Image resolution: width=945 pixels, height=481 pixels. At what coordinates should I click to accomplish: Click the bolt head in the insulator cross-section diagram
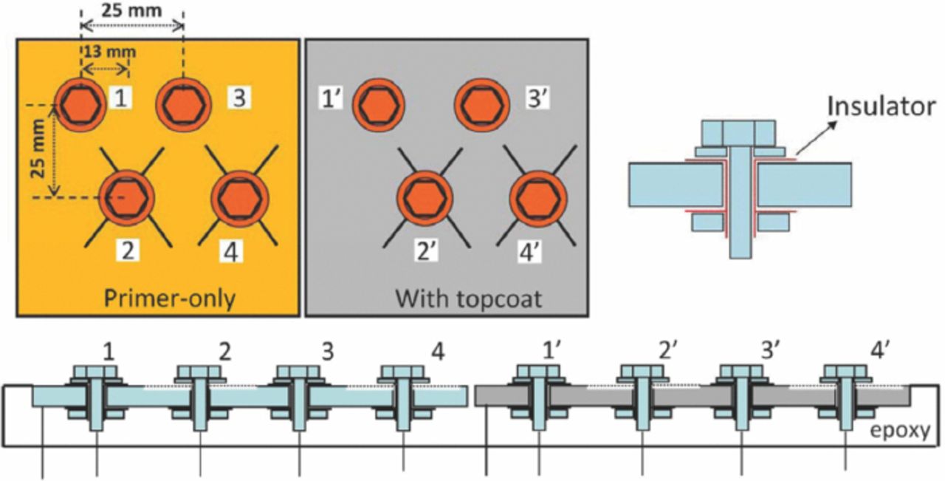point(740,133)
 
